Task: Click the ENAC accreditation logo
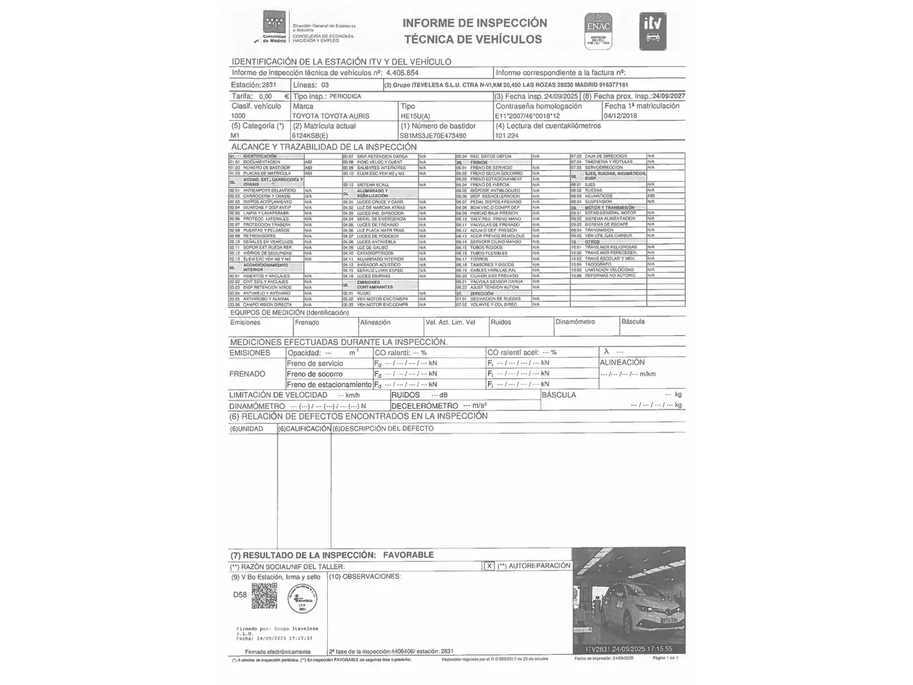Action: tap(598, 31)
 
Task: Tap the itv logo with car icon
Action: tap(652, 31)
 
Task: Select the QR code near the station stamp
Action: tap(264, 596)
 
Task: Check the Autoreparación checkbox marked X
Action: tap(489, 566)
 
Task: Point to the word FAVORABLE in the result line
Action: tap(408, 555)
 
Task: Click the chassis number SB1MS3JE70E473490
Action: tap(433, 136)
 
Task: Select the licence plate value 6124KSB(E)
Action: tap(310, 136)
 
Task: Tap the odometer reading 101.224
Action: tap(507, 136)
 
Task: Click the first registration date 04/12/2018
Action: tap(621, 116)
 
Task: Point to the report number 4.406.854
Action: tap(403, 73)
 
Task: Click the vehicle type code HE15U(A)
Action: tap(415, 116)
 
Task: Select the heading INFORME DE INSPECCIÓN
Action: tap(474, 23)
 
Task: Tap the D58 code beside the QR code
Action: tap(240, 595)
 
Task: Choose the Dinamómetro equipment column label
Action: tap(575, 322)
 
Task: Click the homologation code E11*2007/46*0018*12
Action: tap(527, 116)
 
